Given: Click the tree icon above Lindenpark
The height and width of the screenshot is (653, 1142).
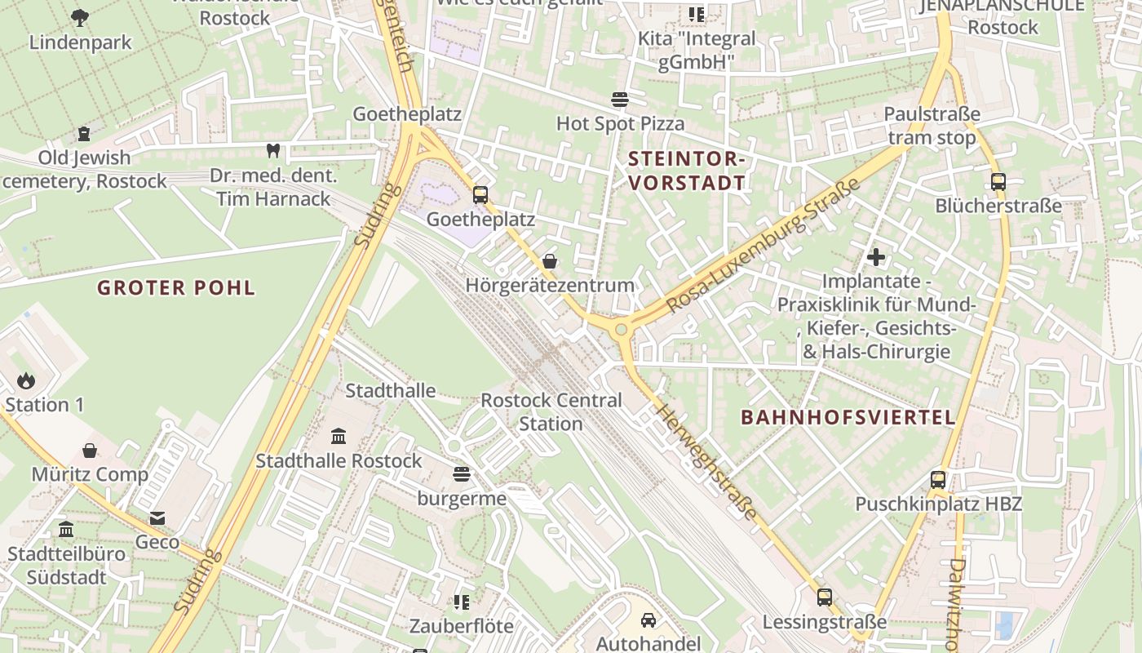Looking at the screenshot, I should pos(80,16).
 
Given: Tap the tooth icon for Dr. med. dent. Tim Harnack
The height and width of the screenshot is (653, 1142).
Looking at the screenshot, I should pos(273,150).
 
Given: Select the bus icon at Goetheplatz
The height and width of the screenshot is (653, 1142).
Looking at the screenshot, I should pos(480,194).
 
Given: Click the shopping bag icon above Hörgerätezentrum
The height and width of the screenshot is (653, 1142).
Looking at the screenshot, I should pos(550,261).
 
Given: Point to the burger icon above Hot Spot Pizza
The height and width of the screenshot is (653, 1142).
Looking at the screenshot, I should pos(620,100).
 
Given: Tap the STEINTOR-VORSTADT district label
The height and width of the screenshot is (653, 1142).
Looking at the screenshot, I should pos(687,171).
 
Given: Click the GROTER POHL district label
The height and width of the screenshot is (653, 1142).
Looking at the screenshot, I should pos(176,287).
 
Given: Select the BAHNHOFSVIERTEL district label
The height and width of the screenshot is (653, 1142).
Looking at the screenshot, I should pos(848,417).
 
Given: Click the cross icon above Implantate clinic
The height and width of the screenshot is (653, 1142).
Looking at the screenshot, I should pos(876,257).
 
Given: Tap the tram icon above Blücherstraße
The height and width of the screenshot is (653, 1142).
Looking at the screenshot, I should pos(998,181).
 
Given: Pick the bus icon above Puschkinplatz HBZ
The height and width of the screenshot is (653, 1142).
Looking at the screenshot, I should pos(938,479).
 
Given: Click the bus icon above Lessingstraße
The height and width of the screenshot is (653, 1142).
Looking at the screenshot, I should pos(825,597).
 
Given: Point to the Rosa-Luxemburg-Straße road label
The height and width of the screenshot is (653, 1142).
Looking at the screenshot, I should pos(764,245).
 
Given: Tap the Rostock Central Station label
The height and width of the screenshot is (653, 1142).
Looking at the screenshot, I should pos(551,412).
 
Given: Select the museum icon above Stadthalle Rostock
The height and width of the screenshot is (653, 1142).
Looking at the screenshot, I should pos(339,436).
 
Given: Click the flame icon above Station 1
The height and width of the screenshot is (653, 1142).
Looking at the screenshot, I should pos(26,380).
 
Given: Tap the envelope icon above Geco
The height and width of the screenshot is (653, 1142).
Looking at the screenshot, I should pos(157,518).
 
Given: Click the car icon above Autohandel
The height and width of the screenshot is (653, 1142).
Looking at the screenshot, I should pos(648,620).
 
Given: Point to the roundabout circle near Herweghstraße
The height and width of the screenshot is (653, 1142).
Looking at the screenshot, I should pos(622,330).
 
